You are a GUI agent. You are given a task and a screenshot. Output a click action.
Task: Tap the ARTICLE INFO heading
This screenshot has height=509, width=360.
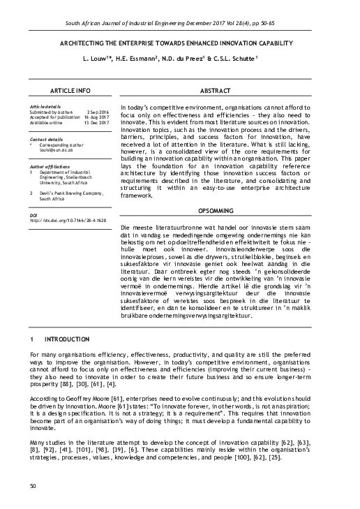70,91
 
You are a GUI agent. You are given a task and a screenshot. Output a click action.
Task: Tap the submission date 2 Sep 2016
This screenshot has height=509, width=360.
97,112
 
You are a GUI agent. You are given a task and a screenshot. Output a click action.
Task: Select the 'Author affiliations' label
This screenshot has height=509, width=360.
50,167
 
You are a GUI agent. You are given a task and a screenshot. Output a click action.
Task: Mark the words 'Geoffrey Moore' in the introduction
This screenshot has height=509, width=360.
83,397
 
